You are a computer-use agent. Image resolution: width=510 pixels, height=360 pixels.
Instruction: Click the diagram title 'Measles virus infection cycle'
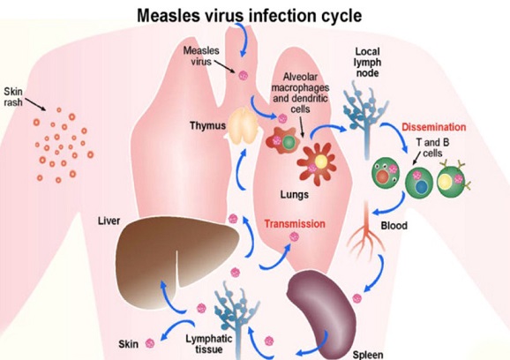click(249, 15)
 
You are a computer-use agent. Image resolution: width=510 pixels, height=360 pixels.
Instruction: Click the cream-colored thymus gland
click(244, 126)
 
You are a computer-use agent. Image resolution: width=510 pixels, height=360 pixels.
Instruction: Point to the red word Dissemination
click(433, 127)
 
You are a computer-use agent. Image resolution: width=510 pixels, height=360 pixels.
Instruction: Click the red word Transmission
click(295, 224)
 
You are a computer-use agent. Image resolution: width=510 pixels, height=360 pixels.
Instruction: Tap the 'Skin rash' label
click(13, 96)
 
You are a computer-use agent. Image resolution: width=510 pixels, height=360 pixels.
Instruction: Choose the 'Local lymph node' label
click(368, 62)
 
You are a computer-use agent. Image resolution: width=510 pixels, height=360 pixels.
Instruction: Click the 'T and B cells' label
click(432, 147)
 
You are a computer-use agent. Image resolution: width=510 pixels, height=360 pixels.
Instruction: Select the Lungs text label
click(295, 194)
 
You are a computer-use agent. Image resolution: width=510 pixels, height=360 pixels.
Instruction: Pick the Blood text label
click(394, 225)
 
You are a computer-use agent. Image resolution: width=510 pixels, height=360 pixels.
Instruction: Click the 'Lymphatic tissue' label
click(209, 344)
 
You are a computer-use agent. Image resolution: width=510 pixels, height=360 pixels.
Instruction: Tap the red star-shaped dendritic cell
click(317, 162)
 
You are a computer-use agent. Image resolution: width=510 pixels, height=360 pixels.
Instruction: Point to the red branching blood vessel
click(367, 233)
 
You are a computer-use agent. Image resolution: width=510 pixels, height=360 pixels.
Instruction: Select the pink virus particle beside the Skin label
click(150, 343)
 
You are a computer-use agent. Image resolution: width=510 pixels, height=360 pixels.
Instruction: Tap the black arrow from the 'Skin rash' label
click(35, 104)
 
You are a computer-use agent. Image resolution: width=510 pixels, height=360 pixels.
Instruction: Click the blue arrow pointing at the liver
click(172, 296)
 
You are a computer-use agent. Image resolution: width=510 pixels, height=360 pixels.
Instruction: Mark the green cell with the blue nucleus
click(419, 182)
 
